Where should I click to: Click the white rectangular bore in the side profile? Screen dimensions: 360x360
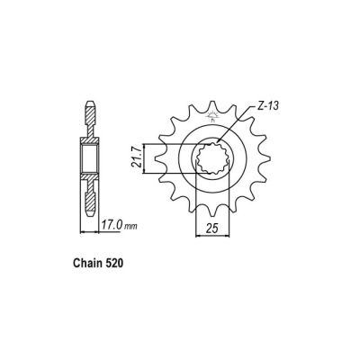(92, 161)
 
